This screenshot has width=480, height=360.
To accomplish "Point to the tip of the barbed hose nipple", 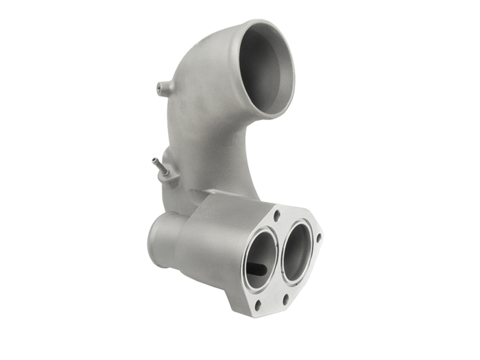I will pos(154,162).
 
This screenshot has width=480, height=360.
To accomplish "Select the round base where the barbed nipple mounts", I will pos(168,173).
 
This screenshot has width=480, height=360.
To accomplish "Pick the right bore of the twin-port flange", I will pos(296,251).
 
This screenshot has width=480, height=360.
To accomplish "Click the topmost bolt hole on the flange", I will pos(276,215).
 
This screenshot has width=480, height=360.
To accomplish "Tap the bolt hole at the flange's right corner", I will pos(319,238).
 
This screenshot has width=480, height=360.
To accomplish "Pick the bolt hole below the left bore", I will pos(258,304).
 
